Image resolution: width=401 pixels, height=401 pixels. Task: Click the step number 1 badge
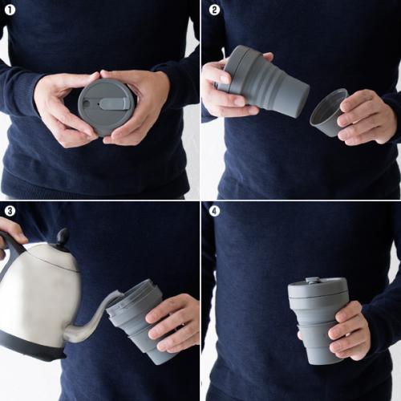(x=10, y=10)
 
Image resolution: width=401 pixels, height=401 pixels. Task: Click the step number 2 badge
(x=214, y=10)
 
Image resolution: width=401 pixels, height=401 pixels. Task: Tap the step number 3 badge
(x=10, y=211)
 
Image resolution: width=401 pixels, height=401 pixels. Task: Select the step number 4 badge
(x=214, y=211)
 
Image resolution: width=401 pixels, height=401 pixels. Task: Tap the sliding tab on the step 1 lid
(x=113, y=103)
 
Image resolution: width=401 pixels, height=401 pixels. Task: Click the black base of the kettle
(x=32, y=349)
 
